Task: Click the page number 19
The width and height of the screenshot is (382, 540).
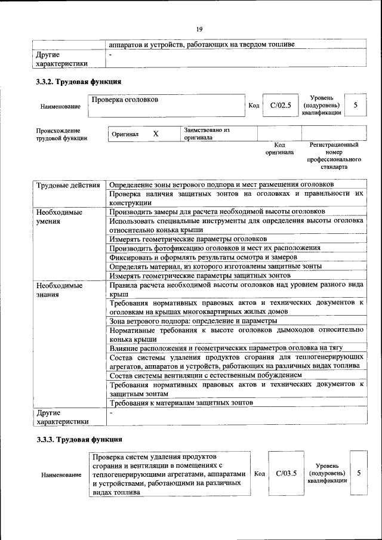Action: (200, 28)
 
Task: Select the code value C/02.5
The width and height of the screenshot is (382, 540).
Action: (280, 106)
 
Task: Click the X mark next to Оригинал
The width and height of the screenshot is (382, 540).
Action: (156, 134)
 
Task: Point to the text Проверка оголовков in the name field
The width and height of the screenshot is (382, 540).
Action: (125, 99)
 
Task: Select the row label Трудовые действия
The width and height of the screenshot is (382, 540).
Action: (68, 186)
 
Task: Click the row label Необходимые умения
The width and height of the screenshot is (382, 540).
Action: (58, 217)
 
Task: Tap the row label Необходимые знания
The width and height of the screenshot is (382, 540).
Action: (58, 289)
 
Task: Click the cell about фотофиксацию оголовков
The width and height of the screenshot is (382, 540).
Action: (215, 248)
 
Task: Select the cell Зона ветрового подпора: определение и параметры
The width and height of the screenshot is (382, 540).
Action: (193, 321)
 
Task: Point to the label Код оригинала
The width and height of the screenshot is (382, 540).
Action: (279, 149)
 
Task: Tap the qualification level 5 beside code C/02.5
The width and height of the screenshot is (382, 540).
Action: (356, 106)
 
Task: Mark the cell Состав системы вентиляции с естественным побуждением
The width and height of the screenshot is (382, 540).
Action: (205, 375)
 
